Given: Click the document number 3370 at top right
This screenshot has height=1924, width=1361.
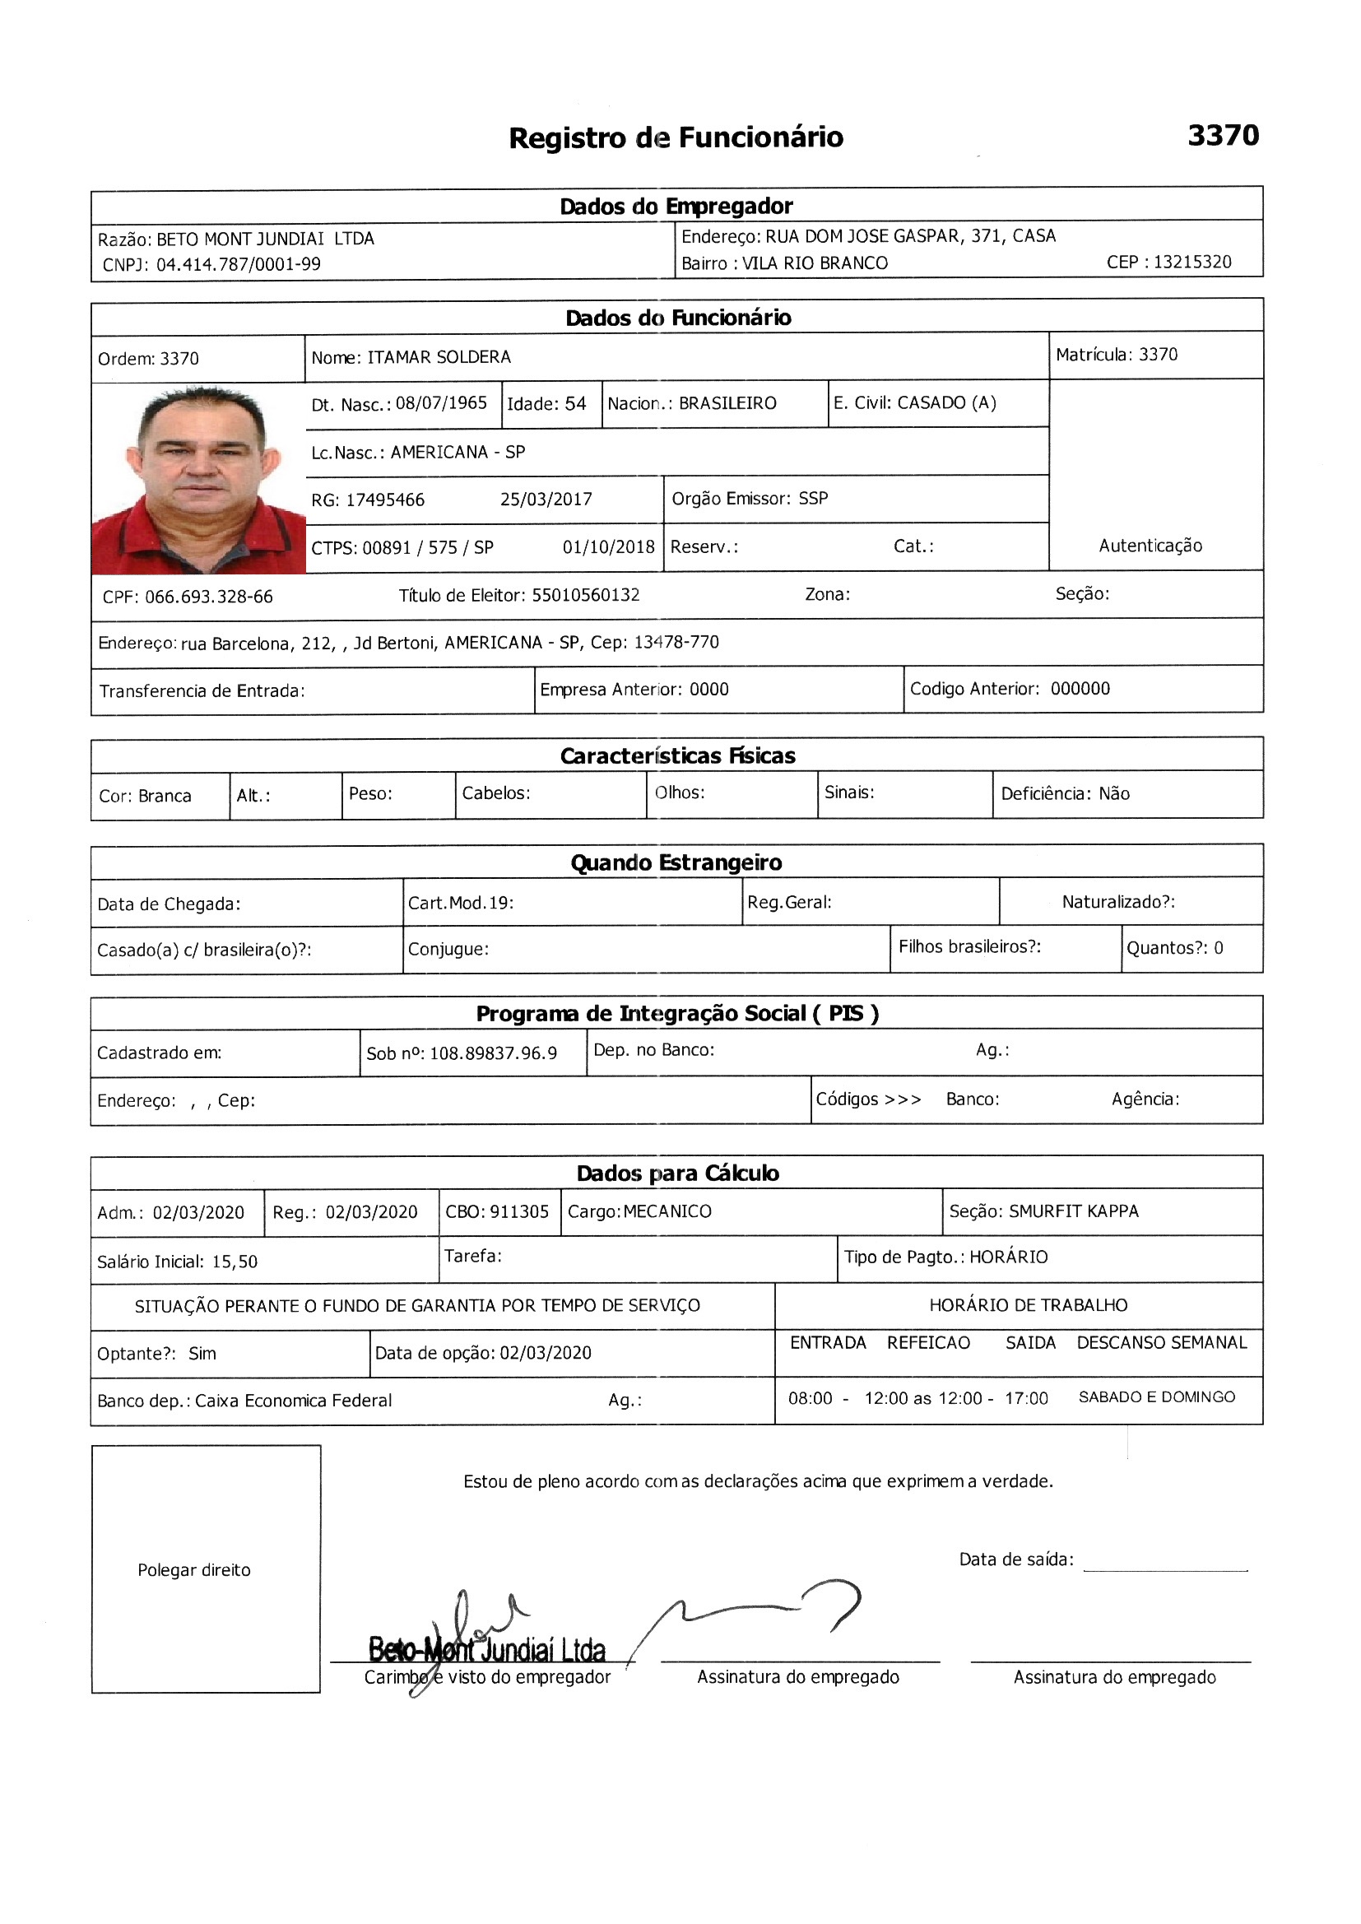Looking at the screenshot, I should (x=1223, y=136).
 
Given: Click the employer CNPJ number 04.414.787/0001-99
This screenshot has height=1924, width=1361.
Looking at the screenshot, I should (x=238, y=265).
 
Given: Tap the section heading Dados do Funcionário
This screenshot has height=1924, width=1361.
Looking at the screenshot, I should (x=678, y=318).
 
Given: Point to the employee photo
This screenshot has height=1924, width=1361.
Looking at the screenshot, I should (x=198, y=478).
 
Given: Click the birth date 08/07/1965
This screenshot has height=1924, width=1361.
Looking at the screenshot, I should (x=441, y=403).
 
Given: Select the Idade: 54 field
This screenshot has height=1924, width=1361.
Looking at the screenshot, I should (x=546, y=404).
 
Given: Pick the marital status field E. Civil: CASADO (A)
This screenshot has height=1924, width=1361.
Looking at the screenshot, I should (x=914, y=403).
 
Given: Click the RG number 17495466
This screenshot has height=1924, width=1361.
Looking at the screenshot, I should (x=384, y=500).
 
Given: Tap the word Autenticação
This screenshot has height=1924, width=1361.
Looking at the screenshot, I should (x=1150, y=546).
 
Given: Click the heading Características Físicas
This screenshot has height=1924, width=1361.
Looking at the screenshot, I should (x=677, y=755).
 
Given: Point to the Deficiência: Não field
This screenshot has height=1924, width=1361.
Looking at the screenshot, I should (x=1064, y=793).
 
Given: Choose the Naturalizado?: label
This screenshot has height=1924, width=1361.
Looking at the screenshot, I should (x=1118, y=902).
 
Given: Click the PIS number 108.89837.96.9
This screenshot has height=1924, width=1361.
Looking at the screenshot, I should (x=493, y=1053).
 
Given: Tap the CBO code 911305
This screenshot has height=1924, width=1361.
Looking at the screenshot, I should (x=518, y=1211).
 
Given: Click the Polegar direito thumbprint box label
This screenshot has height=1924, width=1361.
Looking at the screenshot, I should (x=193, y=1570).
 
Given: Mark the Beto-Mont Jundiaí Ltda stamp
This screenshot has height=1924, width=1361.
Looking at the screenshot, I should (x=487, y=1650).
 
